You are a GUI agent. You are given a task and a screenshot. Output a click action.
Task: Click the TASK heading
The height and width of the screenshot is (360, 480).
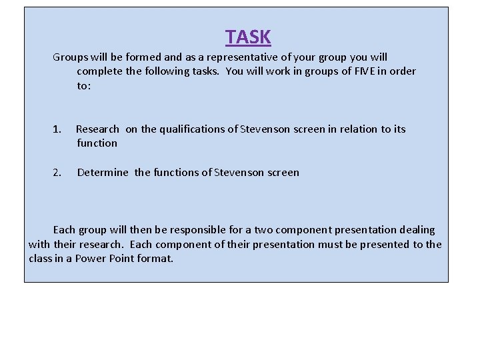248,37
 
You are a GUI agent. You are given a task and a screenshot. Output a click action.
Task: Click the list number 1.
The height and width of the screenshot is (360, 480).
57,129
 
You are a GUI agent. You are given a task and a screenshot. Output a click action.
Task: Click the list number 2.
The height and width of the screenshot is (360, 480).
57,173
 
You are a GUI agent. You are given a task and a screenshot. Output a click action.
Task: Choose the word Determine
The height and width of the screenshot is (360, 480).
103,173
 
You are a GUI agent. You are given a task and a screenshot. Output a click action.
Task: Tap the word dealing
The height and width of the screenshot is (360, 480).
417,230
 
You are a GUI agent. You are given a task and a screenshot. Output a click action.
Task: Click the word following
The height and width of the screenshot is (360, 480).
164,71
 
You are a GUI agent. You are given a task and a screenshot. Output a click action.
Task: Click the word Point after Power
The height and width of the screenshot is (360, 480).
121,259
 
